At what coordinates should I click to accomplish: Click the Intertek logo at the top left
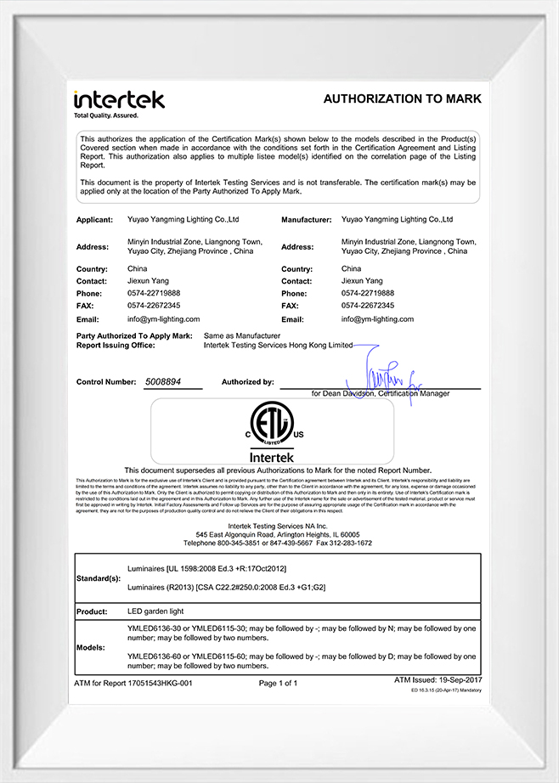(x=118, y=101)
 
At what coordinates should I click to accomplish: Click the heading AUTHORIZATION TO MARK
(x=402, y=99)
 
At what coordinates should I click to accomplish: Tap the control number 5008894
(x=165, y=382)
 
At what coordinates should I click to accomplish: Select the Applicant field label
(x=94, y=220)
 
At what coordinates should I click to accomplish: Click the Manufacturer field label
(x=306, y=220)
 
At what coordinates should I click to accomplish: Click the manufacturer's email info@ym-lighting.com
(x=377, y=319)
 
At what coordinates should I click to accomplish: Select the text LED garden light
(x=155, y=611)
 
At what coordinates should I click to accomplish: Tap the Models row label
(x=91, y=647)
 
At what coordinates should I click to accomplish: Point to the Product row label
(x=92, y=611)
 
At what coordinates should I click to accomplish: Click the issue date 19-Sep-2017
(x=459, y=680)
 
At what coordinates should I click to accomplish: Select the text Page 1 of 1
(x=278, y=683)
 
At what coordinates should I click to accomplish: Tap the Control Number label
(x=106, y=382)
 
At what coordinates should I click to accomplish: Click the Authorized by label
(x=248, y=382)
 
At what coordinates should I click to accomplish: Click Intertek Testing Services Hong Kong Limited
(x=278, y=346)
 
